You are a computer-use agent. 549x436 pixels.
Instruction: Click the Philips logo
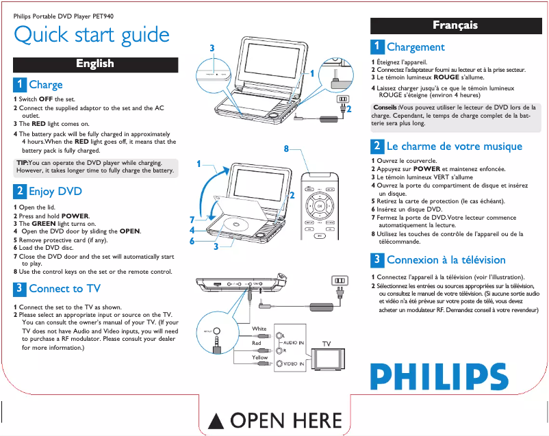pos(439,376)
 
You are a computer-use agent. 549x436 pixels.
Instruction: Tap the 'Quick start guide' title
pos(92,34)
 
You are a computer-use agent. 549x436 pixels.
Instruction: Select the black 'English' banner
pos(95,64)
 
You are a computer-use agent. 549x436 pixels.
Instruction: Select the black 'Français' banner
pos(455,25)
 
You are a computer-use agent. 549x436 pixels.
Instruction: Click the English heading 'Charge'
pos(45,85)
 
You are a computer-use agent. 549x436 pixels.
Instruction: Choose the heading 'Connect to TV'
pos(64,289)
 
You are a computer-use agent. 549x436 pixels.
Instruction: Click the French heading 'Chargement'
pos(416,47)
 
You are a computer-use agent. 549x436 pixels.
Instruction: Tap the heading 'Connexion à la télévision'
pos(446,260)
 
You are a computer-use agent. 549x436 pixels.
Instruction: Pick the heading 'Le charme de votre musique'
pos(454,146)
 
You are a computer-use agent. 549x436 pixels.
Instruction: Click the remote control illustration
pos(319,211)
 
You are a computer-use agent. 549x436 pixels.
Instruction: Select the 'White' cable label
pos(259,329)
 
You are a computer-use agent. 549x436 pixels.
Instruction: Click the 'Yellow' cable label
pos(259,357)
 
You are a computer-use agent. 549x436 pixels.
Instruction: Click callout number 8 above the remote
pos(286,148)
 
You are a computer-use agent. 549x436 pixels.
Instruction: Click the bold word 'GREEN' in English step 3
pos(44,224)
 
